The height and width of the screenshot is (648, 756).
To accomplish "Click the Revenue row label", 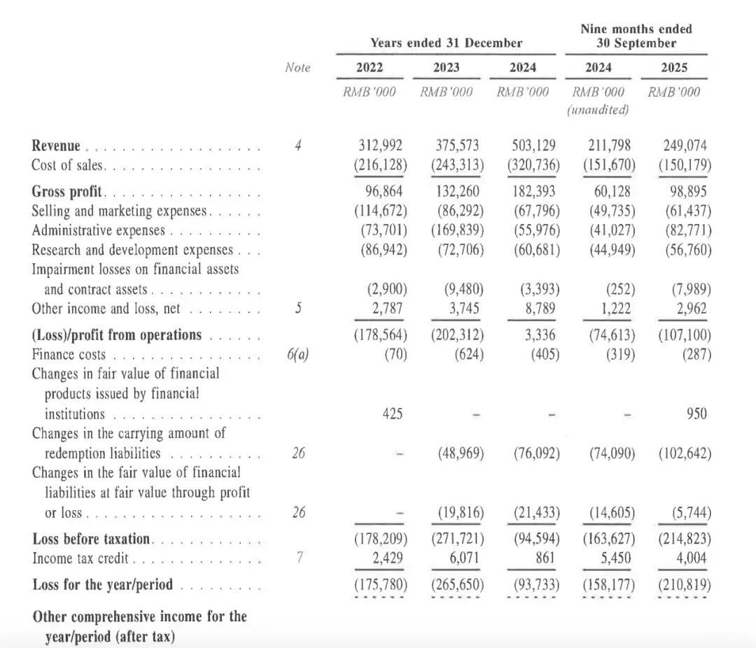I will (57, 146).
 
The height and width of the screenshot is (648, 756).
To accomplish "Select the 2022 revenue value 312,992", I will (381, 146).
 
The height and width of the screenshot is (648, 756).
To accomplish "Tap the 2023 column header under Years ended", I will (447, 67).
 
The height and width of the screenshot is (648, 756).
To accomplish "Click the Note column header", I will (297, 67).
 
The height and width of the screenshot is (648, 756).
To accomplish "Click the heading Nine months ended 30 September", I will (636, 36).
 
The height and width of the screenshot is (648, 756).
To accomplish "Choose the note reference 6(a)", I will (298, 354).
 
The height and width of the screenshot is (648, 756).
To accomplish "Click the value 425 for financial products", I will (393, 414).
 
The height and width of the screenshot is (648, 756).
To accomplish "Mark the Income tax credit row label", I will (81, 558).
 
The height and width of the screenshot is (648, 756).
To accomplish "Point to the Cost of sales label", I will (68, 166).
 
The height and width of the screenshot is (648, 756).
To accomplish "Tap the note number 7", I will (299, 558).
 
